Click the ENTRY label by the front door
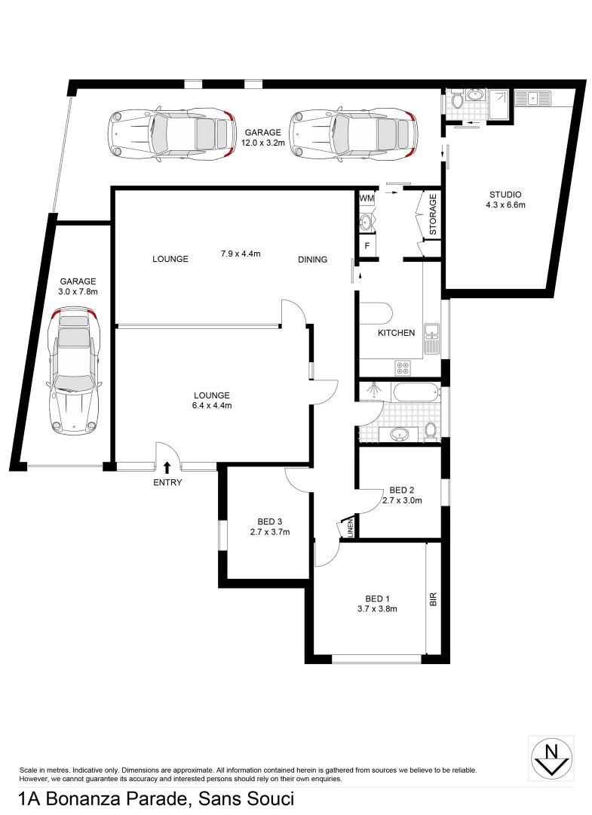tap(167, 483)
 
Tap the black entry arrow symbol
tap(167, 469)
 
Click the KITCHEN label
tap(396, 333)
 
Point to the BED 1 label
tap(377, 598)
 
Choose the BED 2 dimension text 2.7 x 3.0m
tap(401, 500)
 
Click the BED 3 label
tap(269, 521)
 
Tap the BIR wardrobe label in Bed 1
tap(433, 600)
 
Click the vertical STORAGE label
tap(433, 214)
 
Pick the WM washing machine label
tap(367, 198)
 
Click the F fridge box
tap(367, 246)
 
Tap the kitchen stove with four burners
tap(403, 368)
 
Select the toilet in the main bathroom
tap(430, 431)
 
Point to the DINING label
tap(312, 260)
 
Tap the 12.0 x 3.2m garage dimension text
tap(261, 141)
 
